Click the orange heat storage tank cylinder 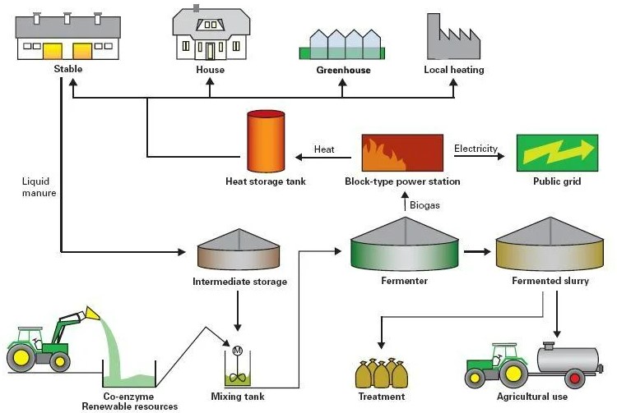[266, 141]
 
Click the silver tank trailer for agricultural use [568, 359]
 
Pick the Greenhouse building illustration [343, 44]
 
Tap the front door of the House [211, 50]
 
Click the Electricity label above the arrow [476, 149]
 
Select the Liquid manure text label [39, 186]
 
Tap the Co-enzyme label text [128, 397]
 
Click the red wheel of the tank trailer [574, 379]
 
